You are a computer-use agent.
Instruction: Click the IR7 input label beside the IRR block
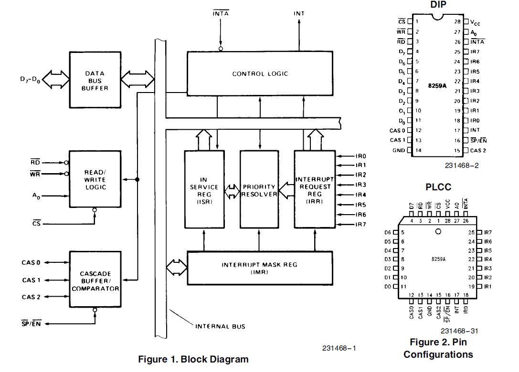pos(361,225)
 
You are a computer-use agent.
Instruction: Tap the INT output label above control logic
pos(299,13)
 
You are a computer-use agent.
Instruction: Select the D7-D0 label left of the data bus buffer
pos(30,80)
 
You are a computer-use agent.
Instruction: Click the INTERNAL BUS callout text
pos(220,326)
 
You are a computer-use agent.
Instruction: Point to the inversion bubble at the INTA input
pos(221,49)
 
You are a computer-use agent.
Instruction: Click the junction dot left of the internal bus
pos(138,179)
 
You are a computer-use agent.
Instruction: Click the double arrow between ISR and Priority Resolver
pos(232,191)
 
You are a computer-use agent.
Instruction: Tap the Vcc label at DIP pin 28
pos(475,22)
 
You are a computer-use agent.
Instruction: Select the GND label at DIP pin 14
pos(399,150)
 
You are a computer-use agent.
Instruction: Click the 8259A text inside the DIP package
pos(437,86)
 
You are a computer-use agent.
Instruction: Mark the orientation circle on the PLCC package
pos(438,231)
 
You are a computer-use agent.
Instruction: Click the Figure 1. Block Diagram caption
pos(193,359)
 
